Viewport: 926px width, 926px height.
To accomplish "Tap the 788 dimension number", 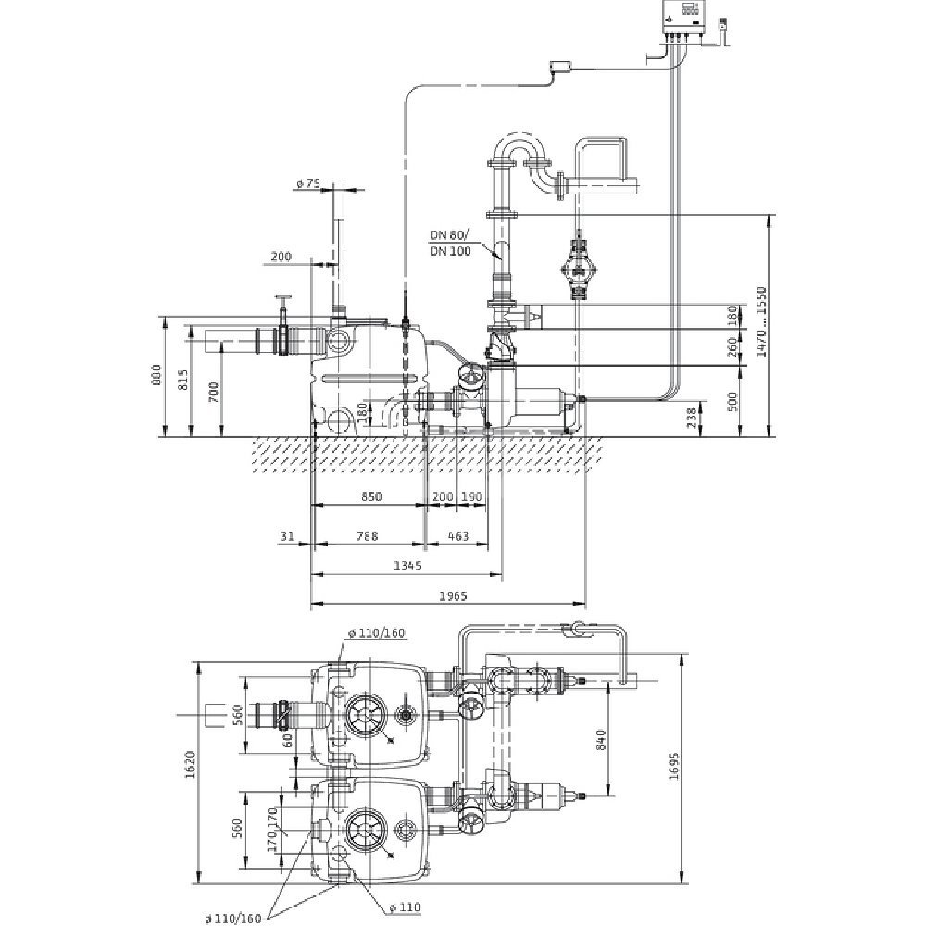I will (x=369, y=536).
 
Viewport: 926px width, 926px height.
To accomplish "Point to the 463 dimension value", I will (x=457, y=536).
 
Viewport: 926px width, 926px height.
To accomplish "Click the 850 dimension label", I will (x=370, y=497).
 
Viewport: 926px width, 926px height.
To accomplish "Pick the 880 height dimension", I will (x=156, y=375).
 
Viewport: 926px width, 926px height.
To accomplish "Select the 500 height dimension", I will (x=733, y=400).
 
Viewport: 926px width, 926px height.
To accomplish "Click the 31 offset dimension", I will (x=287, y=536).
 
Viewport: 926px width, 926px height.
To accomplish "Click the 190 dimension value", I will (x=471, y=497).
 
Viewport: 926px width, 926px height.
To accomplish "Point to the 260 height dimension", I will (x=733, y=348).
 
